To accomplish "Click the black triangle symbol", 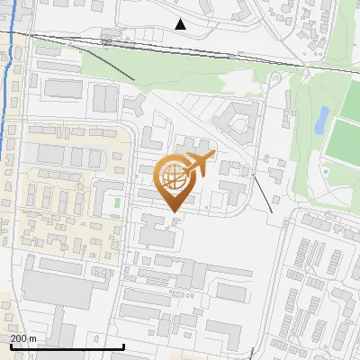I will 181,24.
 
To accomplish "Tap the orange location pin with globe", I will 174,184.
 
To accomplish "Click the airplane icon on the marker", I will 201,164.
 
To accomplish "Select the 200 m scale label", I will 23,337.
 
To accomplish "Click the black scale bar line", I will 67,346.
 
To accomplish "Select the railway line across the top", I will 225,53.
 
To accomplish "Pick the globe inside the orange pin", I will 174,175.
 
